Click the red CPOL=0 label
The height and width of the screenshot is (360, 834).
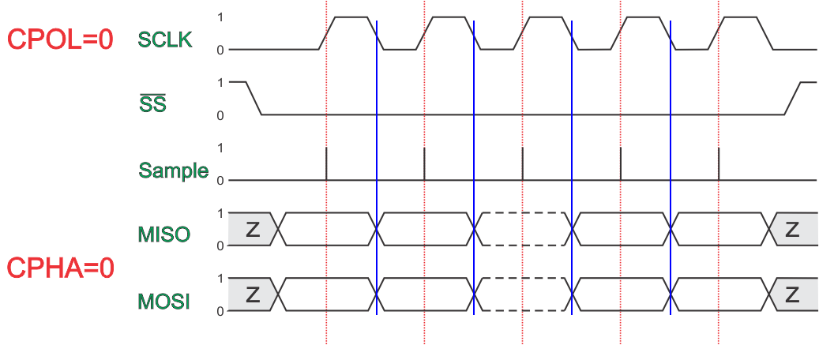click(x=60, y=39)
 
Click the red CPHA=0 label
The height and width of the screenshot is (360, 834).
click(x=61, y=268)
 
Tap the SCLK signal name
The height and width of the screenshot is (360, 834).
click(x=165, y=39)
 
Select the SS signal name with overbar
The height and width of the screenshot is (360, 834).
click(x=152, y=103)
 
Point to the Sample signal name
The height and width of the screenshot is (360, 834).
click(x=173, y=170)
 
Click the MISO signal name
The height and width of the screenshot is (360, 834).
click(x=163, y=234)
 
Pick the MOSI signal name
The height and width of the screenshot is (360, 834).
click(x=163, y=301)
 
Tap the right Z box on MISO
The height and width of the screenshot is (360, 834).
click(x=792, y=229)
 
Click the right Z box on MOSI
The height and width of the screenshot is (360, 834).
click(x=792, y=295)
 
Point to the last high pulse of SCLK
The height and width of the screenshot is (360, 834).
click(x=743, y=17)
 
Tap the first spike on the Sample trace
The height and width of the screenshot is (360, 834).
click(x=327, y=163)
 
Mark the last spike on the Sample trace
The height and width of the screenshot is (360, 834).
click(x=719, y=163)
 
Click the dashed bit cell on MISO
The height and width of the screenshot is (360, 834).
click(x=523, y=229)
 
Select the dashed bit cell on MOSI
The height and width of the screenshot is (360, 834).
click(x=523, y=295)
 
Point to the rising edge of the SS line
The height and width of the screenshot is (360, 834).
click(x=792, y=98)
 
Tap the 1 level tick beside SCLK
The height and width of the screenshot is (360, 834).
click(x=220, y=17)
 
